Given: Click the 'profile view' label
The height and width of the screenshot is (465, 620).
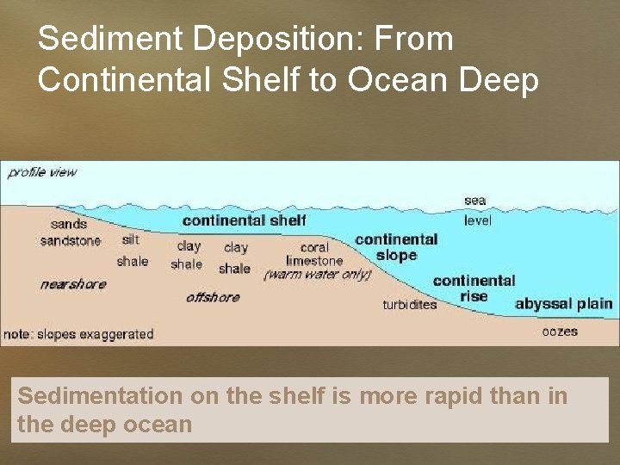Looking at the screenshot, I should (x=42, y=172).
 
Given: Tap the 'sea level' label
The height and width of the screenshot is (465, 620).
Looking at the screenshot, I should (x=475, y=210).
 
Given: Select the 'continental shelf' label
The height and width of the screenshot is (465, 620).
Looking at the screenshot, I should (x=244, y=220).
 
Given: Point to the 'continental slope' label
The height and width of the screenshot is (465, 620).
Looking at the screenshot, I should (x=396, y=247).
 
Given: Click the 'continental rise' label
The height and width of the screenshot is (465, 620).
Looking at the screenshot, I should (x=474, y=288).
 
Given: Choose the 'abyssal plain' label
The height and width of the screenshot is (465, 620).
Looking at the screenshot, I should (x=564, y=304).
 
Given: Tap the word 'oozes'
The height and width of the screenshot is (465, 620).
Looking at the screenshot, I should (x=560, y=332).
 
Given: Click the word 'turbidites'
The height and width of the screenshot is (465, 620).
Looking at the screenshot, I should (x=410, y=305).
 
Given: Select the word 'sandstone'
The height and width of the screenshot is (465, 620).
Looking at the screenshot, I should (x=71, y=241).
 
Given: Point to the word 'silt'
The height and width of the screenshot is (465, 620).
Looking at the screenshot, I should (x=130, y=239).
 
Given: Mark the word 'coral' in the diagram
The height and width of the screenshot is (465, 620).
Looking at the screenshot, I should (x=314, y=247).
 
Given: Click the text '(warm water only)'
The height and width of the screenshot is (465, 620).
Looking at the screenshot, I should (x=318, y=275).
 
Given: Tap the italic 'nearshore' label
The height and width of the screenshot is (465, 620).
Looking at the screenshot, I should (x=72, y=283).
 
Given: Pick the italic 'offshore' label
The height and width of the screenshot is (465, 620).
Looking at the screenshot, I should (x=213, y=297).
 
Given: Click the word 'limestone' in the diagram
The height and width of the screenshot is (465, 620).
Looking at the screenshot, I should (x=314, y=261).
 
